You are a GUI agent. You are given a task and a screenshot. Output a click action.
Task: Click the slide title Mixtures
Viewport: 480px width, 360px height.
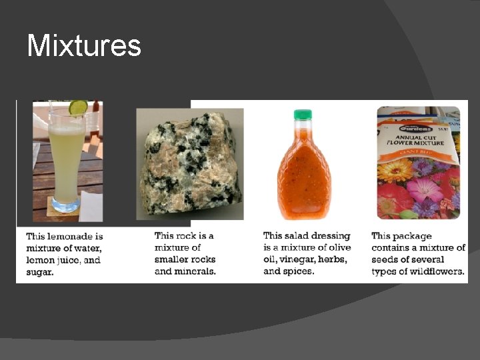coord(84,46)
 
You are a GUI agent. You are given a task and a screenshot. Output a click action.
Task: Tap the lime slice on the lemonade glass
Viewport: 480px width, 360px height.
coord(78,107)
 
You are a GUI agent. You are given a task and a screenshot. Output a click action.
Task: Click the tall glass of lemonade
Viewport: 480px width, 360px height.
coord(67,160)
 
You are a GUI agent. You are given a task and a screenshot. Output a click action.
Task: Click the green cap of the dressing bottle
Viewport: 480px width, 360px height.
coord(303,115)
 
